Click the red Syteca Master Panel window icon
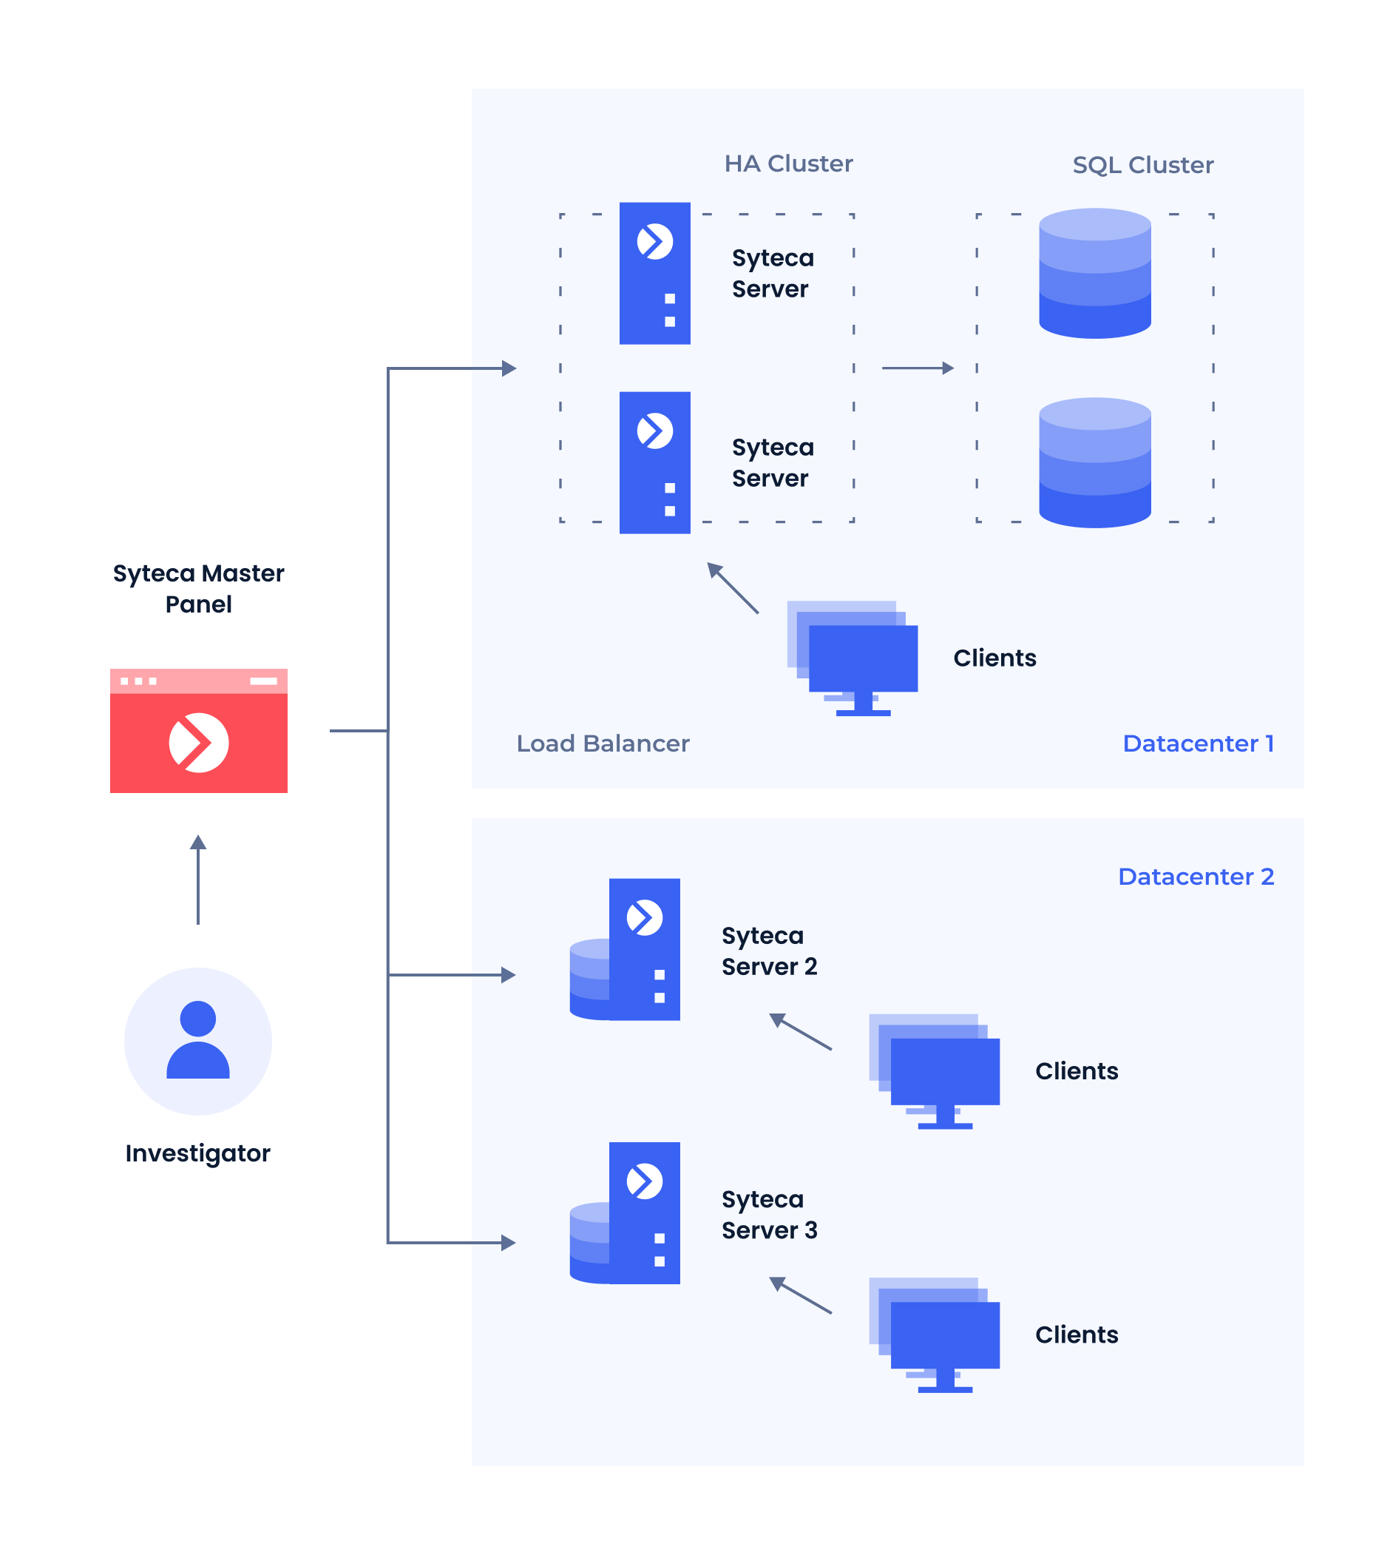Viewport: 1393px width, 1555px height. point(198,730)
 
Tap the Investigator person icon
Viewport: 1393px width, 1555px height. point(198,1041)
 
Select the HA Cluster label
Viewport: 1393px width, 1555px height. point(788,163)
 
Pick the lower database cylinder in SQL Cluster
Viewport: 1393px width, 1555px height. point(1094,462)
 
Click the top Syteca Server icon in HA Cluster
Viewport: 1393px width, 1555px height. point(654,273)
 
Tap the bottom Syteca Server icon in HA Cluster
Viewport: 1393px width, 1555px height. point(654,462)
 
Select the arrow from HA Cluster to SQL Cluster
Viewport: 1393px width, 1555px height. point(917,368)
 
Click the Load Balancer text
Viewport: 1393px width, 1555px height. point(603,743)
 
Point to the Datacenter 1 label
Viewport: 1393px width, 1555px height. point(1198,743)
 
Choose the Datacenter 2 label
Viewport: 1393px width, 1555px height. point(1196,877)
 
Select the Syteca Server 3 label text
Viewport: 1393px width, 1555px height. point(769,1214)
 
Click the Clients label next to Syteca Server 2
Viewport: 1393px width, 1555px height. point(1076,1071)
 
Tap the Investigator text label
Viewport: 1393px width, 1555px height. point(197,1153)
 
